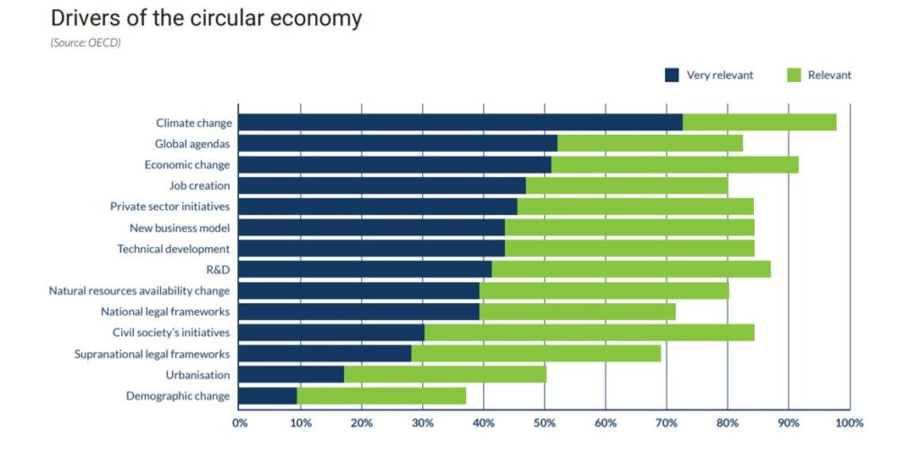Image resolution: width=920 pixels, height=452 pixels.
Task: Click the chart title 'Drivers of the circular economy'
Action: click(206, 19)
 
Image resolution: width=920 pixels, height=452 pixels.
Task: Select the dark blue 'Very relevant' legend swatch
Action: click(672, 75)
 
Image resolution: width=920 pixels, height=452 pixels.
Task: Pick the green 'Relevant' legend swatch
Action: click(793, 75)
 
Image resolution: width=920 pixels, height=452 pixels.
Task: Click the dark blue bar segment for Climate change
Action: click(461, 123)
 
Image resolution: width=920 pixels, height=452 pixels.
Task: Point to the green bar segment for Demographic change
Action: click(381, 396)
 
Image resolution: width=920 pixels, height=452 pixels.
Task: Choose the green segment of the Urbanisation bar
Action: click(445, 375)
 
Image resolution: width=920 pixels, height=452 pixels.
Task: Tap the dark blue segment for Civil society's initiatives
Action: click(332, 332)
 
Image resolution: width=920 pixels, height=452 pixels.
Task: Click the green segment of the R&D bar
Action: click(631, 270)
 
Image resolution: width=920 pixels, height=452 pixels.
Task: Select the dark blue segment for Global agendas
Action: click(398, 144)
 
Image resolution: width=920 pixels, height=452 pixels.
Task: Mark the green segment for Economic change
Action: click(675, 164)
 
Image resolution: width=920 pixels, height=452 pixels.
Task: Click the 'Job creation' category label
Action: click(199, 186)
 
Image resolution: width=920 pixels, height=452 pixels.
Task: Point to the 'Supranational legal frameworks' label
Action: click(152, 354)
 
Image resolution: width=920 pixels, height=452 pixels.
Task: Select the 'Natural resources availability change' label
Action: click(139, 291)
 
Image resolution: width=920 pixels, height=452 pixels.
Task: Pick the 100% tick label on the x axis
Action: click(848, 422)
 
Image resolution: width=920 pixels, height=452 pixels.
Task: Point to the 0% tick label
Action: click(240, 422)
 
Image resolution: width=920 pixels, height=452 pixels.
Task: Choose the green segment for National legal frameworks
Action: click(577, 312)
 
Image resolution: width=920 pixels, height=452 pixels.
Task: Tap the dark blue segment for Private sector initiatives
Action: click(378, 207)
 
